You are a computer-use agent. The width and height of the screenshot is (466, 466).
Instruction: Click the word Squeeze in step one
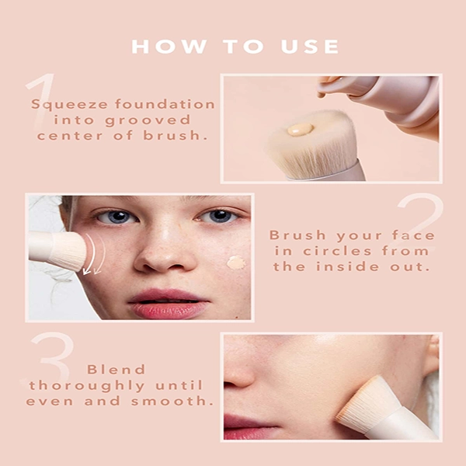point(69,105)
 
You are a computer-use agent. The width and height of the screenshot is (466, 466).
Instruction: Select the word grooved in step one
point(148,120)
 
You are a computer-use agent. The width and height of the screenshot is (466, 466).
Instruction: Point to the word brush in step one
point(175,135)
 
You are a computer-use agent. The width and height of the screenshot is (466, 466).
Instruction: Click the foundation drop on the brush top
point(300,130)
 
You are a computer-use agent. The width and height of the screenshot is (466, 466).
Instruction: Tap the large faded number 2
point(418,222)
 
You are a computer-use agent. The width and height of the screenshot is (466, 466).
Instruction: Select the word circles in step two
point(337,251)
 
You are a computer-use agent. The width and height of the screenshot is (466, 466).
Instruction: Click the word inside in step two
point(347,266)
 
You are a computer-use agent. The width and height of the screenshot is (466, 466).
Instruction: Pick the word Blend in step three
point(116,370)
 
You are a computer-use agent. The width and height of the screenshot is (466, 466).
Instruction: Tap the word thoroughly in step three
point(87,386)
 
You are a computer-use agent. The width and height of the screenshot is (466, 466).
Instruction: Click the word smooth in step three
point(172,402)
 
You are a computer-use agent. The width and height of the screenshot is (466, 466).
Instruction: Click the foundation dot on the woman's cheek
point(236,263)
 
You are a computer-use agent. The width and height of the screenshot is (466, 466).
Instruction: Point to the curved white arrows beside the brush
point(94,254)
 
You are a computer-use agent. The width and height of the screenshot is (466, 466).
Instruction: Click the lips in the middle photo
point(169,304)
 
